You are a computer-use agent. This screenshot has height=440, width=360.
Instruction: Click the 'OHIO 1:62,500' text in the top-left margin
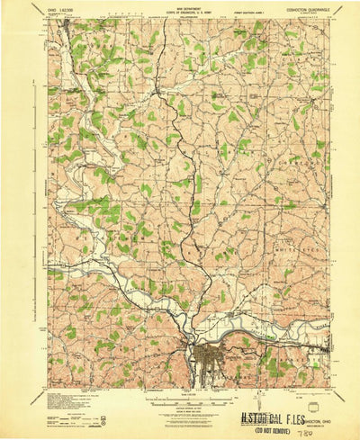point(65,10)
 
